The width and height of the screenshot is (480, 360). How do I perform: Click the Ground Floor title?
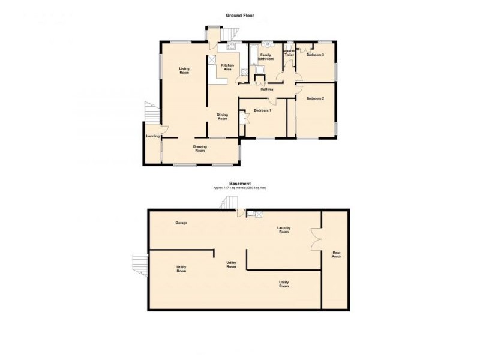coord(239,16)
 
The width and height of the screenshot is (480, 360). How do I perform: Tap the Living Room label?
coord(184,71)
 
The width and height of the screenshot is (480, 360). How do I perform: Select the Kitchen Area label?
coord(227,67)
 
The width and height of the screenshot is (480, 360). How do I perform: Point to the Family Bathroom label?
coord(266,57)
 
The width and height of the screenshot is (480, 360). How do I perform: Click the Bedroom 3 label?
coord(315,55)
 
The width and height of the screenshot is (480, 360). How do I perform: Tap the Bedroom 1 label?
coord(262,110)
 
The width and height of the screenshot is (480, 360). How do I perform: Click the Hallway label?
coord(268,89)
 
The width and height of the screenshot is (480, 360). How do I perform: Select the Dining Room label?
coord(222,117)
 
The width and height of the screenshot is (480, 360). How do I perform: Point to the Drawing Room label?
coord(200,148)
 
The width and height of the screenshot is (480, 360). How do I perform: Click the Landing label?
coord(152,136)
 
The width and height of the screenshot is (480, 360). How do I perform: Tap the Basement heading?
coord(239,184)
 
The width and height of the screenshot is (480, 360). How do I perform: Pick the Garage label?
coord(181,223)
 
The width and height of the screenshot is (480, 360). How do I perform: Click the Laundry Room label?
coord(284,229)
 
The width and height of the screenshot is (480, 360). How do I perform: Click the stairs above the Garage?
coord(229,203)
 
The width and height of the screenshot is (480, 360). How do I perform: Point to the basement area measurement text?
coord(239,188)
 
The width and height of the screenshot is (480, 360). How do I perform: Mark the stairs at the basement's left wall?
coord(140,264)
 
